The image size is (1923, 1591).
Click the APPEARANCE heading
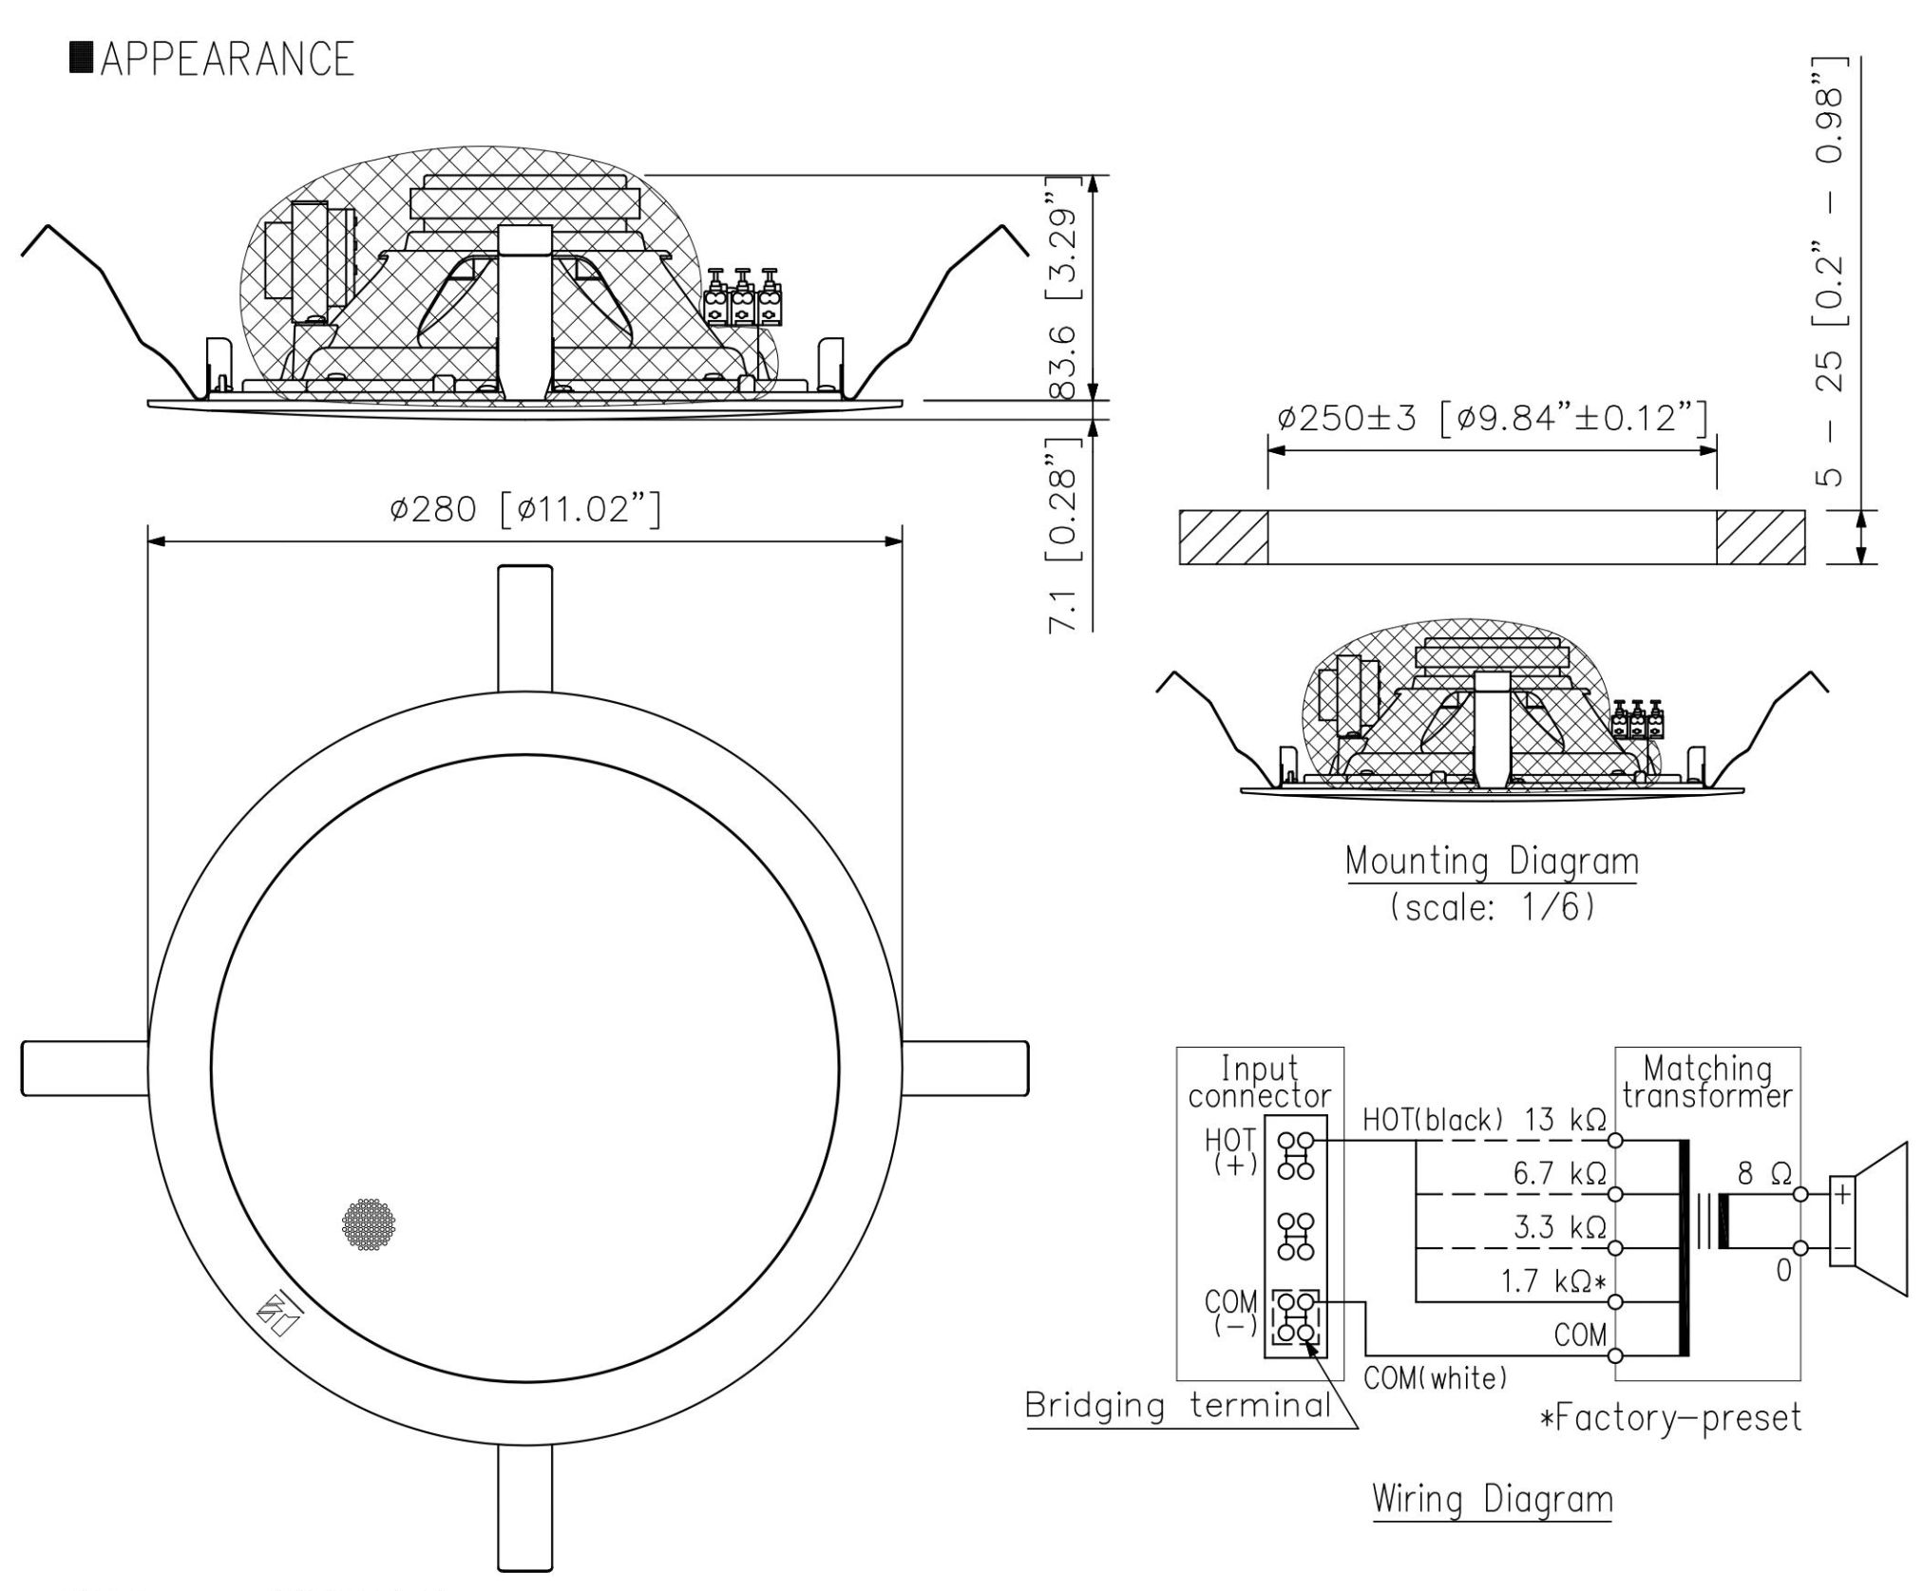pos(213,59)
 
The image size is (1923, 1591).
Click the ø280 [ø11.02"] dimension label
pos(524,510)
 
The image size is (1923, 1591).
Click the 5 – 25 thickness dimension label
pos(1829,272)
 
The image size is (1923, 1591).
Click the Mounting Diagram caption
pos(1492,862)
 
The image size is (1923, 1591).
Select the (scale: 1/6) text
pos(1492,908)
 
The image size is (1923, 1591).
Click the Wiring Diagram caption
pos(1493,1500)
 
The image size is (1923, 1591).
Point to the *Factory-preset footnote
pos(1670,1418)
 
